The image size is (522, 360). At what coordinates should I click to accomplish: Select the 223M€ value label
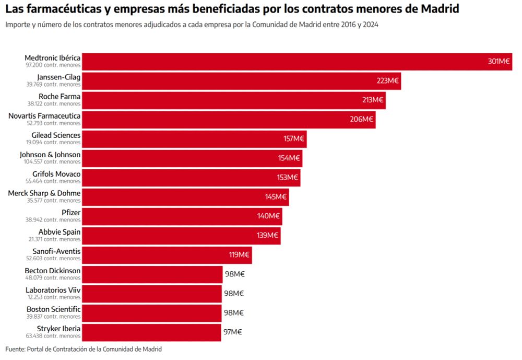pos(387,81)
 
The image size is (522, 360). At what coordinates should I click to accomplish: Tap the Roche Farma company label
pos(60,96)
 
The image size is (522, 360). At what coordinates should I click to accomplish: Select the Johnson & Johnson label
pos(50,155)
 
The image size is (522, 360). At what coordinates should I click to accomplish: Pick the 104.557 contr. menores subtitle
pos(53,162)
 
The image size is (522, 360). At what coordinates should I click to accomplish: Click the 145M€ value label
pos(276,197)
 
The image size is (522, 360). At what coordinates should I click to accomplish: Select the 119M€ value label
pos(240,255)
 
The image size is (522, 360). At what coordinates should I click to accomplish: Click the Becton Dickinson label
pos(53,271)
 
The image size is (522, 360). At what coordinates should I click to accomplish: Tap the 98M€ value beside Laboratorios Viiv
pos(234,294)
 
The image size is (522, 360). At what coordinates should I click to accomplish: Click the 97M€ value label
pos(232,332)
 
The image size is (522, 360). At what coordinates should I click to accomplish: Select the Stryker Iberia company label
pos(58,329)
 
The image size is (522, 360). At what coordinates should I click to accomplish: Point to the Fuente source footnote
pos(84,349)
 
